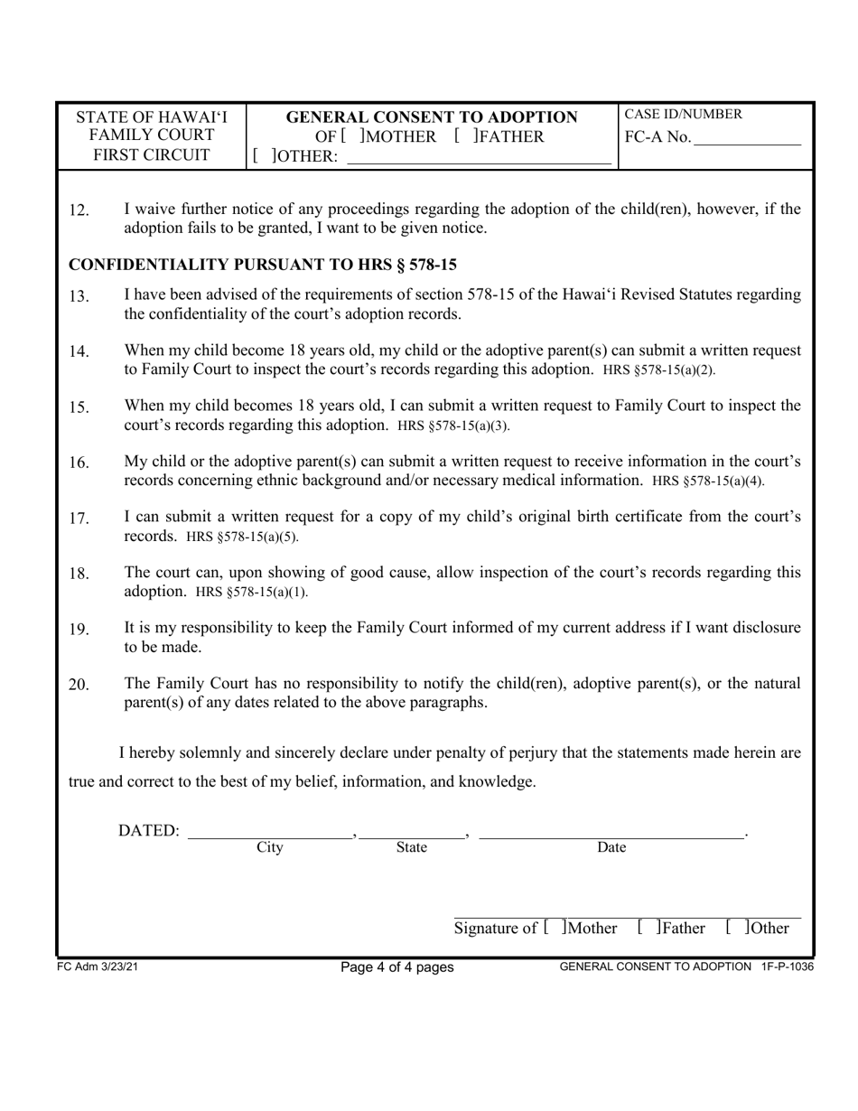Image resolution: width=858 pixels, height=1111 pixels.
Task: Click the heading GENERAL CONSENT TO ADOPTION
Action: click(432, 117)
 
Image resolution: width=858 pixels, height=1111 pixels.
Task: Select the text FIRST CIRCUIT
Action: click(151, 154)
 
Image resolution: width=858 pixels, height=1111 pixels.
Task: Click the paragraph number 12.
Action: click(79, 210)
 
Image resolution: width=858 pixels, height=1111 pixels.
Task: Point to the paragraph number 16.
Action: click(79, 463)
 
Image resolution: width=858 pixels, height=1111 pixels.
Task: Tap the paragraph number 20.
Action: click(79, 685)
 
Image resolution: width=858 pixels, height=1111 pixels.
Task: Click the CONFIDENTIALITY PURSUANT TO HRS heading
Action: click(263, 265)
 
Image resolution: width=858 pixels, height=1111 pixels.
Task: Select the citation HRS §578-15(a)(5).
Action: click(241, 537)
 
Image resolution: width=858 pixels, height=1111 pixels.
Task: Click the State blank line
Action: click(412, 833)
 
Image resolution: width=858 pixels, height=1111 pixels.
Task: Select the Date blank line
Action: click(611, 833)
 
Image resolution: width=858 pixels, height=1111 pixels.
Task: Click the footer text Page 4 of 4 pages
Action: click(396, 967)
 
